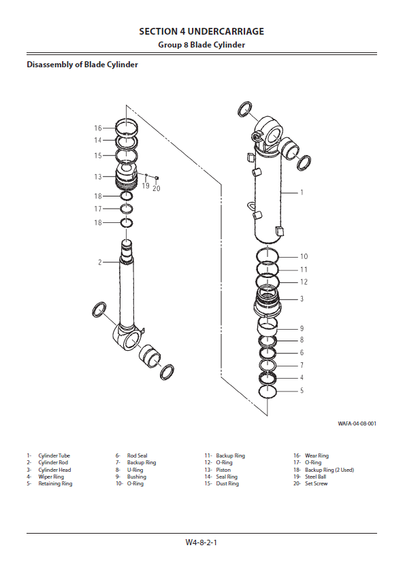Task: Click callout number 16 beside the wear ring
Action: [x=98, y=128]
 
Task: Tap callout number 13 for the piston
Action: [x=98, y=177]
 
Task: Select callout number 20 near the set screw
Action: [x=156, y=188]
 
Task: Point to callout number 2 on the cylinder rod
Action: [x=100, y=262]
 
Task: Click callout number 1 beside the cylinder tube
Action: [x=302, y=192]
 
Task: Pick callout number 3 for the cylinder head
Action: [x=302, y=299]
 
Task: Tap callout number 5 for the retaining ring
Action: [x=302, y=391]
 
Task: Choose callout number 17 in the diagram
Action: [x=98, y=209]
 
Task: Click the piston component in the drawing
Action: [x=126, y=177]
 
